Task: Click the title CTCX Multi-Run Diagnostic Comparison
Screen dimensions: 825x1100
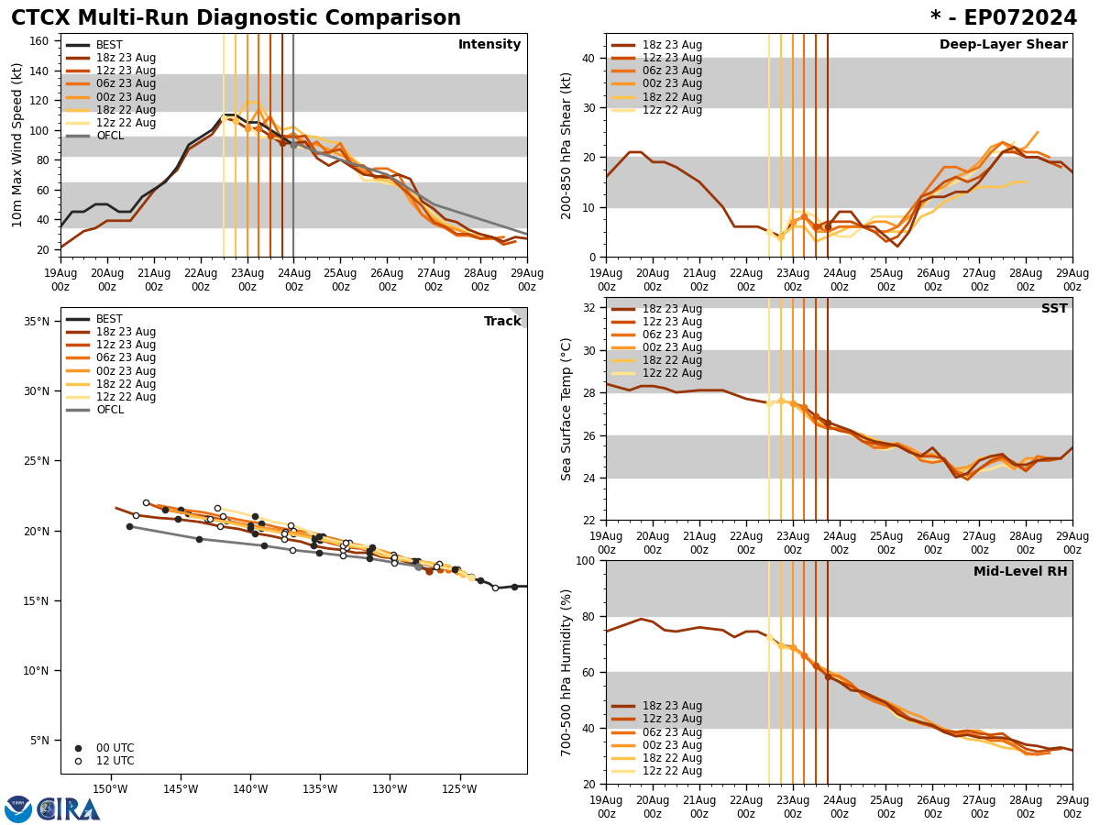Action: tap(236, 18)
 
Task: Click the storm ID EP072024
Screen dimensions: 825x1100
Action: tap(1003, 18)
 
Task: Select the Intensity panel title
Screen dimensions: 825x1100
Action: tap(489, 45)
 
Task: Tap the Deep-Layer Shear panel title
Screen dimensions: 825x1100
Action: tap(1003, 45)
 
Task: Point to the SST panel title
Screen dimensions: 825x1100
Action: tap(1053, 309)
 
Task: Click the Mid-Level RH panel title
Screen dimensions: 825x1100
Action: tap(1020, 572)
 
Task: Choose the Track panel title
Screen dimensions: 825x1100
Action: tap(502, 322)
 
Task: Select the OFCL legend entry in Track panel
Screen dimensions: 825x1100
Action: tap(109, 410)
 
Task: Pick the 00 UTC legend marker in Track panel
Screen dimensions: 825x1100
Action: tap(78, 748)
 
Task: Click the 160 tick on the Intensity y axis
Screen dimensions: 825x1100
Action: tap(38, 41)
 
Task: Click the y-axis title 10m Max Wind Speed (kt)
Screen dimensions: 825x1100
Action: tap(17, 145)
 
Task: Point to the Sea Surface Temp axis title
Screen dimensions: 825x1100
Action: tap(567, 409)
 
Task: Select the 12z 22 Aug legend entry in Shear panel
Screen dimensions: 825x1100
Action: tap(672, 110)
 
